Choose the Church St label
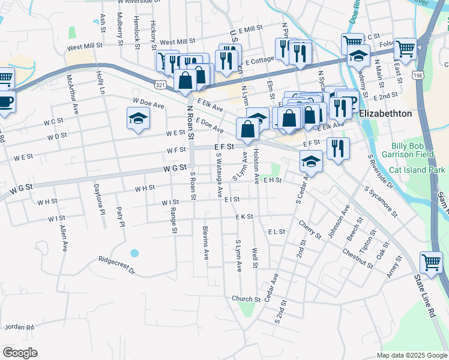(246, 299)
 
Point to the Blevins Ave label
(206, 242)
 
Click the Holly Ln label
(100, 83)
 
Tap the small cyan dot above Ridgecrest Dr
(134, 252)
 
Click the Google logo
(20, 353)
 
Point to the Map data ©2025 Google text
(411, 355)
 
